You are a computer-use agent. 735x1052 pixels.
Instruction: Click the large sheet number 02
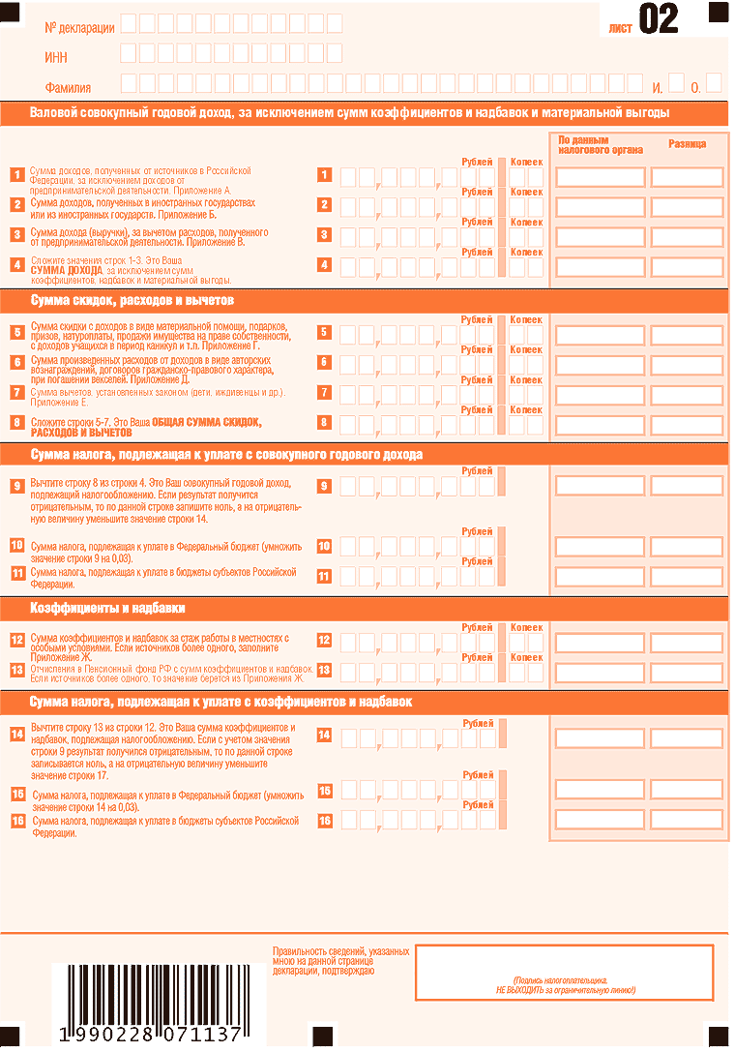(x=659, y=19)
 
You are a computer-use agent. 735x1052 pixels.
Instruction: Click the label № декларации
(x=79, y=27)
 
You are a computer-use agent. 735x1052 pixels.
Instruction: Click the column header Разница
(x=687, y=144)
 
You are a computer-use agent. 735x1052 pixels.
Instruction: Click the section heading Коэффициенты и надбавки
(x=107, y=609)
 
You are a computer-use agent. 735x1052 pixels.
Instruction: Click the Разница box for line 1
(x=687, y=177)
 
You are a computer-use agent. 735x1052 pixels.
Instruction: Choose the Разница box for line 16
(x=687, y=820)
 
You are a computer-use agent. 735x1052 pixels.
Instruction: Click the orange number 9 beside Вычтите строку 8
(x=16, y=486)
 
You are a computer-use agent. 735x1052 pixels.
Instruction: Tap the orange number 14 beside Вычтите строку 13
(x=16, y=734)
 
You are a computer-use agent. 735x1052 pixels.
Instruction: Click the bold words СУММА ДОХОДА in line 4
(x=66, y=271)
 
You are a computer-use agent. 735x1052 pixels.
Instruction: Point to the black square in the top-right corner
(x=718, y=12)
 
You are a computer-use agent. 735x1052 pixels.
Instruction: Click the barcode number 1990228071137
(x=150, y=1035)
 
